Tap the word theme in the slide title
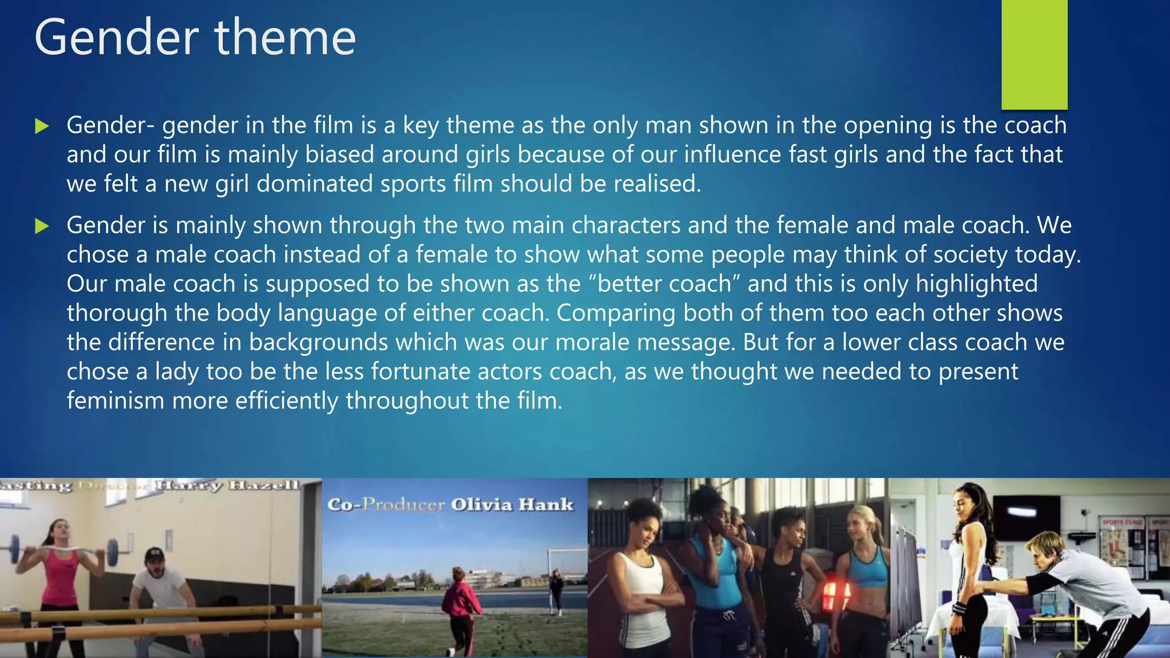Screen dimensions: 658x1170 tap(285, 38)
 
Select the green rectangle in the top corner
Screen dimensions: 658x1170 tap(1034, 54)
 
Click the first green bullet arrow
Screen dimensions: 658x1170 tap(42, 126)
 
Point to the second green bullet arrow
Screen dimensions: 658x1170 tap(42, 226)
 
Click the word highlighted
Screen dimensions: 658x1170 tap(976, 284)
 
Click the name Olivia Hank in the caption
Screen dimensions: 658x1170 tap(512, 505)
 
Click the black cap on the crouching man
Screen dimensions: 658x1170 tap(154, 554)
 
